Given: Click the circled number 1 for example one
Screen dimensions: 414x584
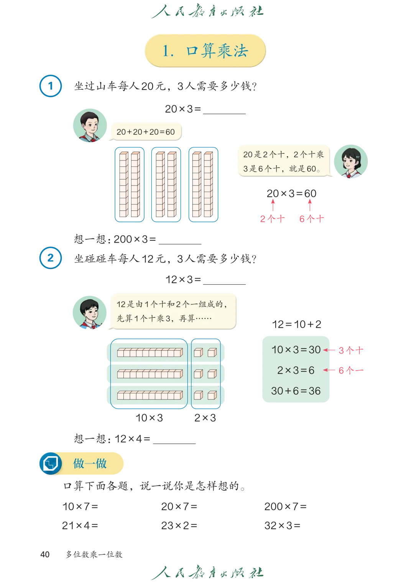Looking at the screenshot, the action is (51, 86).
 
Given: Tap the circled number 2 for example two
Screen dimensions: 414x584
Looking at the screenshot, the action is (51, 258).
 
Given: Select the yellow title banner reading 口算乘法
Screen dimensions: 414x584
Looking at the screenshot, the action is (205, 51).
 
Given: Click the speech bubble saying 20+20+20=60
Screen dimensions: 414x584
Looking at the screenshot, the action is (146, 132).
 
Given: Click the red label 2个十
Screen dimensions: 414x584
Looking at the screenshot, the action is (272, 219).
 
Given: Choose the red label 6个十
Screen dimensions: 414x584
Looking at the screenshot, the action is (312, 219).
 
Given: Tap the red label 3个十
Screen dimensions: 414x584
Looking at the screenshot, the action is (351, 351).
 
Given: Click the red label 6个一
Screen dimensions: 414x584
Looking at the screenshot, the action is (351, 370).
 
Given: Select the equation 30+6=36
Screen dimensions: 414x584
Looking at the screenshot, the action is (296, 391).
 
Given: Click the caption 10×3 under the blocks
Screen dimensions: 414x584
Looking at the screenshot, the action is (149, 418).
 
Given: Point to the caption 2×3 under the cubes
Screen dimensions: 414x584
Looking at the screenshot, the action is (205, 418).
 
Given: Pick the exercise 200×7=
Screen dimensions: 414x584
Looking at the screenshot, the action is (285, 506).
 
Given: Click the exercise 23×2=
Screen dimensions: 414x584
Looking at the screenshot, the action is (179, 525).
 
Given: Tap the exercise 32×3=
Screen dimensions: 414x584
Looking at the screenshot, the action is (282, 525).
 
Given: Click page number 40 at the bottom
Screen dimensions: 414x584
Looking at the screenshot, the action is (45, 554).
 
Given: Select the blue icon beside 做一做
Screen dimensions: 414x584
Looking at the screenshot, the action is (51, 463).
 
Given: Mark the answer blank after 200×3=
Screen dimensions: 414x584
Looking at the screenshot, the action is (180, 244).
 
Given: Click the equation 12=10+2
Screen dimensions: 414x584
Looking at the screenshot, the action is (296, 324).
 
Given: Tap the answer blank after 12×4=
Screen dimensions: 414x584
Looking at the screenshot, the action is (174, 443).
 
